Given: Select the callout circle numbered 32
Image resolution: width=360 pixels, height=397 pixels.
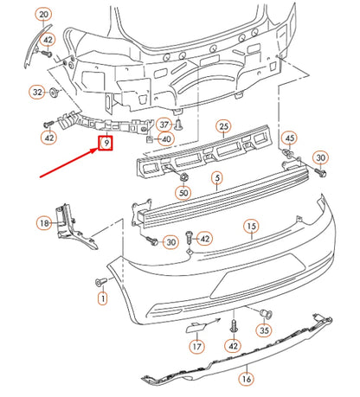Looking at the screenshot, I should tap(36, 91).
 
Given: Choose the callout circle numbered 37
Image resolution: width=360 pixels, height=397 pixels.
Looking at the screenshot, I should tap(164, 124).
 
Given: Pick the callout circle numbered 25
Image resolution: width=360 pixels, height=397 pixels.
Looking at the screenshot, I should tap(224, 126).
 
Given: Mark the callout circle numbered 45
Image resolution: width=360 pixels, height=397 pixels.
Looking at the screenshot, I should tap(289, 138).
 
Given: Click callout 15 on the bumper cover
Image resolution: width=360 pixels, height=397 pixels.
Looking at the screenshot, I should tap(250, 227).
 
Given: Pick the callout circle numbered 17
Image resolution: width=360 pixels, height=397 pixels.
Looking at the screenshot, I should tap(197, 346).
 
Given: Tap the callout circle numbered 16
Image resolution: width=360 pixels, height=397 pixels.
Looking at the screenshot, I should tap(246, 378).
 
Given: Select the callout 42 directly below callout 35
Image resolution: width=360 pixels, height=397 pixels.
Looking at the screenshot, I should tap(233, 346).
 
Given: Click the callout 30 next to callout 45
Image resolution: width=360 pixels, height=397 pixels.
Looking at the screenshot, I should tap(321, 157).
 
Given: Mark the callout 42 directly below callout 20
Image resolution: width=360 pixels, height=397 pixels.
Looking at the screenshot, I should tap(48, 39).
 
